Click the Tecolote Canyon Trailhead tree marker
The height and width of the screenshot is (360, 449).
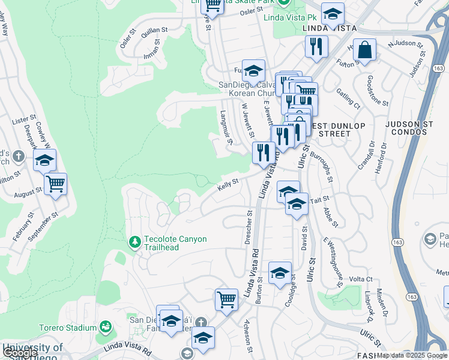click(135, 242)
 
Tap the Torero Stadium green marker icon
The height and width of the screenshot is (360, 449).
click(106, 327)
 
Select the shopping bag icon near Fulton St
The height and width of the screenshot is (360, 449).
click(364, 52)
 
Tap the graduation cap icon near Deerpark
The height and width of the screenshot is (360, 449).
click(44, 161)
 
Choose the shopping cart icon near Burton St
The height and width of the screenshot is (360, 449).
click(226, 300)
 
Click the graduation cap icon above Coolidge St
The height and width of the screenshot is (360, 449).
click(279, 274)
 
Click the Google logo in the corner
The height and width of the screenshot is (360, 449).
click(20, 353)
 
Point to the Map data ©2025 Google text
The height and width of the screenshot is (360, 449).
click(412, 355)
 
